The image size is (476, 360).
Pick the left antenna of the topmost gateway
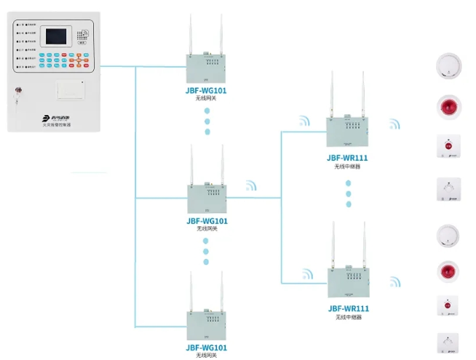(x=189, y=36)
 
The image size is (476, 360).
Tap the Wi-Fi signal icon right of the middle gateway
(x=250, y=186)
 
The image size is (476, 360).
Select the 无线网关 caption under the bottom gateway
(x=207, y=356)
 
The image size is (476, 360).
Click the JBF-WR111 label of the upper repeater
(x=349, y=157)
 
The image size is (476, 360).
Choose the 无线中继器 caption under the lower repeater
(x=349, y=318)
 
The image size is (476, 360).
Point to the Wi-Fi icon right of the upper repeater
(x=394, y=124)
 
